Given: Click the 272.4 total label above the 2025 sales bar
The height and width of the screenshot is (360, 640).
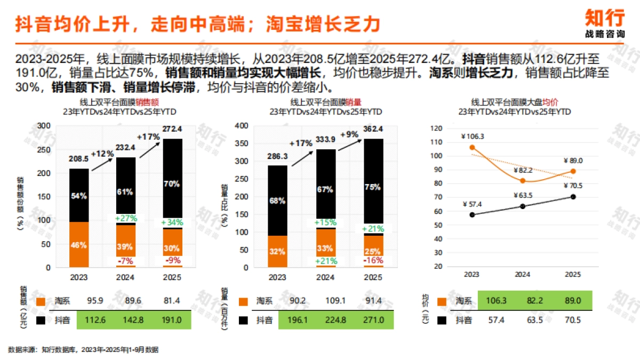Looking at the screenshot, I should tap(172, 129).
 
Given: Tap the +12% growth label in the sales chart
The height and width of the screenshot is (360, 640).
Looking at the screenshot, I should tap(102, 154).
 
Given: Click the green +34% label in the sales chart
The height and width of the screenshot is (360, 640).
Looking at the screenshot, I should tap(172, 222).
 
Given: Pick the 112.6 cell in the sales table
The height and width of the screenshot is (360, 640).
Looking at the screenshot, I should tap(94, 321).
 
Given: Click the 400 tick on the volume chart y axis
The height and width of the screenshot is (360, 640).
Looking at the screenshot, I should tap(242, 126).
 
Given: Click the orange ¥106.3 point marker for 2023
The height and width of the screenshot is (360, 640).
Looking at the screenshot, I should tap(472, 147).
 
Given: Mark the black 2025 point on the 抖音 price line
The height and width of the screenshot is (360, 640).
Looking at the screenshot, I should tap(573, 197).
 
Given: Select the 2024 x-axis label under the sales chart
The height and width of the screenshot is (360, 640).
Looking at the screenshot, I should tap(125, 277).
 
